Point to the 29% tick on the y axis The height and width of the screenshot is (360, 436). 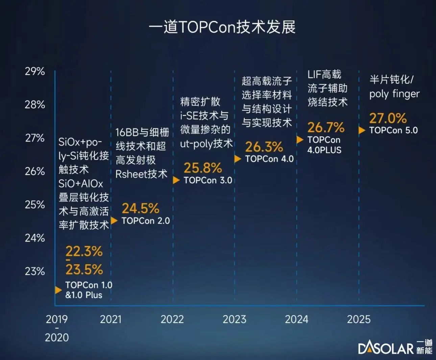[35, 71]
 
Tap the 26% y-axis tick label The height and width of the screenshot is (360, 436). [35, 171]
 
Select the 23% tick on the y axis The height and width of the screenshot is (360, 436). [35, 271]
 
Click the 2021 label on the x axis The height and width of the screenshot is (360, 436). [111, 319]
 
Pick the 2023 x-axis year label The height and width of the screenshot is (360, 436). [234, 319]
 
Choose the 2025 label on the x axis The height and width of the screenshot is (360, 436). [359, 319]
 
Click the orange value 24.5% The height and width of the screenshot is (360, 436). [140, 208]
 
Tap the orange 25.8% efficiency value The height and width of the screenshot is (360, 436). [203, 168]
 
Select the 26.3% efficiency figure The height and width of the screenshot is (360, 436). [264, 147]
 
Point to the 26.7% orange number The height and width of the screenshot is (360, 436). [326, 128]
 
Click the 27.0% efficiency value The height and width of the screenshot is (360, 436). [388, 118]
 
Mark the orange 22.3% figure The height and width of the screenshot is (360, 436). [84, 251]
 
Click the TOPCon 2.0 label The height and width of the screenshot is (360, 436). [146, 221]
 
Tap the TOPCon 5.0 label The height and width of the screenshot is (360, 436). [393, 130]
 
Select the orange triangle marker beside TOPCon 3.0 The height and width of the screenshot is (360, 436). [176, 180]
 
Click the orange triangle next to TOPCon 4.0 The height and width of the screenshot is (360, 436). [238, 159]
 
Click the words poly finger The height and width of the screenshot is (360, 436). [394, 94]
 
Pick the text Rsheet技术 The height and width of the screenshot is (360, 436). [141, 174]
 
